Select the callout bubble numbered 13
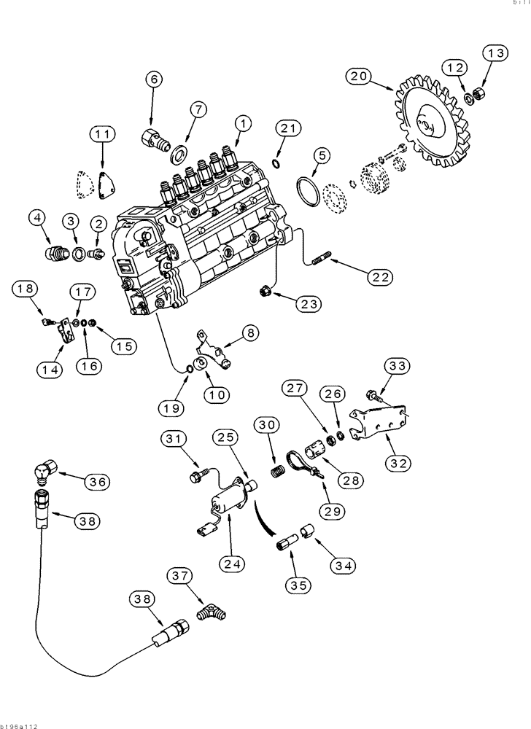[x=493, y=52]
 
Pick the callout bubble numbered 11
[x=103, y=133]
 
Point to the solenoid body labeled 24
[x=228, y=502]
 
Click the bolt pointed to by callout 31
[x=195, y=476]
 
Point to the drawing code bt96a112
[x=20, y=725]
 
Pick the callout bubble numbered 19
[x=171, y=408]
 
